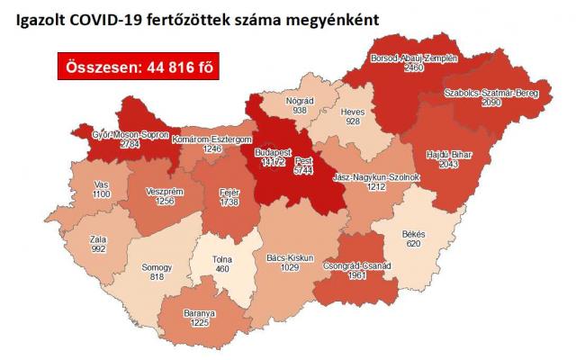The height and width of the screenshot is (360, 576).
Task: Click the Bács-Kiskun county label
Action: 290,257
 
